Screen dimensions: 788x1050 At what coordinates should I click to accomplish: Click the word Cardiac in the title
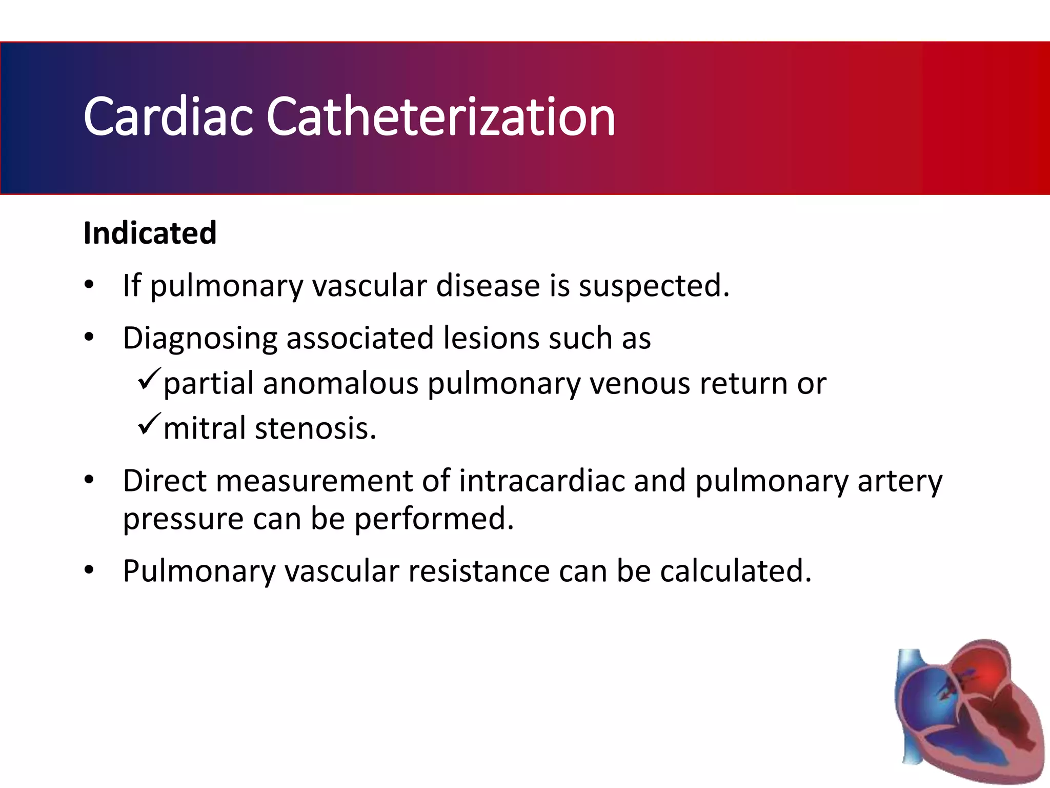pyautogui.click(x=168, y=117)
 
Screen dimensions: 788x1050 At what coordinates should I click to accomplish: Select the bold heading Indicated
pyautogui.click(x=150, y=233)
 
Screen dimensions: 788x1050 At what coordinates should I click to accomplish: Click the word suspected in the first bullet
pyautogui.click(x=653, y=286)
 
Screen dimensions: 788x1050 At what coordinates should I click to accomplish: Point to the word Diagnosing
pyautogui.click(x=199, y=339)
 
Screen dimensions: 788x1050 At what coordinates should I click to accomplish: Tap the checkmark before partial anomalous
pyautogui.click(x=149, y=379)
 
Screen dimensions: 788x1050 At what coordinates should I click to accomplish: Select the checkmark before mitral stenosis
pyautogui.click(x=149, y=424)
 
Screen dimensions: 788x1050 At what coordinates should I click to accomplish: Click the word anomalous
pyautogui.click(x=340, y=384)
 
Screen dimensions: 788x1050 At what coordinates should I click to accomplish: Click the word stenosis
pyautogui.click(x=315, y=429)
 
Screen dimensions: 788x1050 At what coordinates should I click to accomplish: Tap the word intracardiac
pyautogui.click(x=542, y=481)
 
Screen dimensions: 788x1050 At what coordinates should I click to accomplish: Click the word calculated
pyautogui.click(x=736, y=571)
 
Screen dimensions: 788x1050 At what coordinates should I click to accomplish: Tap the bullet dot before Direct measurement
pyautogui.click(x=89, y=480)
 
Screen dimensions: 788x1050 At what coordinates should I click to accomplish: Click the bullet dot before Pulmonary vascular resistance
pyautogui.click(x=89, y=570)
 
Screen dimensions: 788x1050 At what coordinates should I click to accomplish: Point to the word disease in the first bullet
pyautogui.click(x=488, y=286)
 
